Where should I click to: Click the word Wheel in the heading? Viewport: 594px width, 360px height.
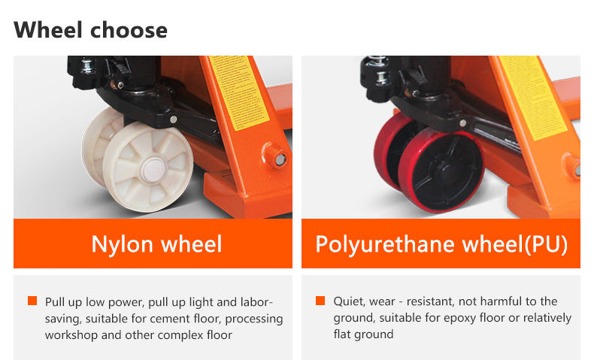(x=47, y=30)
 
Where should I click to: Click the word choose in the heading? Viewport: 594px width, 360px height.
(x=129, y=32)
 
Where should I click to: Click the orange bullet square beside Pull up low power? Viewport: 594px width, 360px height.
(x=32, y=301)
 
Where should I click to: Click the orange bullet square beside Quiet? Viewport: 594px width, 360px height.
(x=320, y=301)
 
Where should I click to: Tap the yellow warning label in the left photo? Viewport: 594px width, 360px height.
(x=238, y=89)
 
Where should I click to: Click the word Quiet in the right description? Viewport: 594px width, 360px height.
(x=349, y=301)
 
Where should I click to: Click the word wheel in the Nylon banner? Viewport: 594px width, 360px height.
(x=188, y=244)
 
